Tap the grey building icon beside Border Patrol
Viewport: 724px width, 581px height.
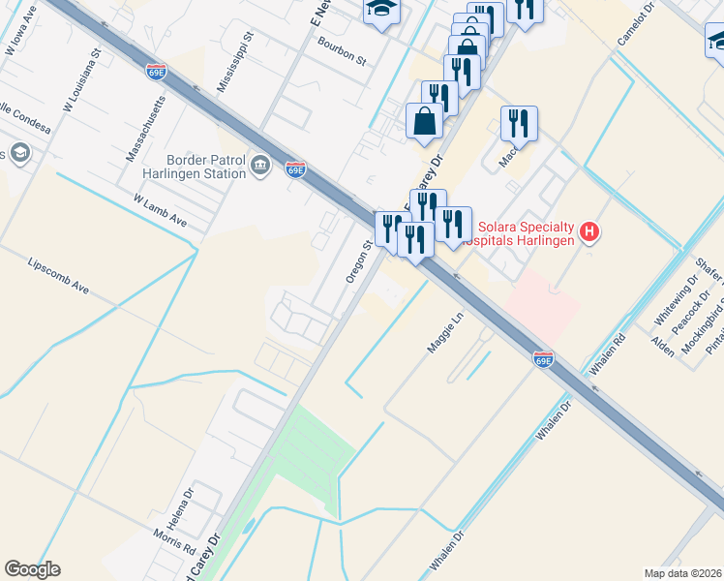tap(259, 167)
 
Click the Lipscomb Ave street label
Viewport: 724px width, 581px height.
tap(58, 276)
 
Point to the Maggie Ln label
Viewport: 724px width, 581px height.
tap(445, 332)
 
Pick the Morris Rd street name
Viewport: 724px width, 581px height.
tap(174, 542)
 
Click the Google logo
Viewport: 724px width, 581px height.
tap(32, 569)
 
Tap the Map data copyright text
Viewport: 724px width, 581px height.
tap(682, 573)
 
